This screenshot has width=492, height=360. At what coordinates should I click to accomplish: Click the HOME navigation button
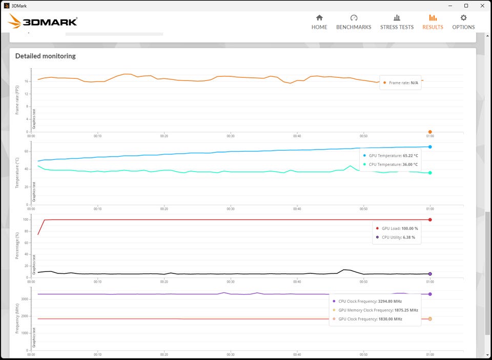(319, 22)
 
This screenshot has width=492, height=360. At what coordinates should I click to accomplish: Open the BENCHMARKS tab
(354, 22)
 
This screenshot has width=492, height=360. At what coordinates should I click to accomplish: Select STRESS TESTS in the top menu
(397, 22)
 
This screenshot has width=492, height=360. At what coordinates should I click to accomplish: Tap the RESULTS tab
(433, 22)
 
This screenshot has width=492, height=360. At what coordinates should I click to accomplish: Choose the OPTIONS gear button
(463, 22)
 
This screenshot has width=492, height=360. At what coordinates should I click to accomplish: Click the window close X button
(482, 6)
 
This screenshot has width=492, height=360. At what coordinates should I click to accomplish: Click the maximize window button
(466, 6)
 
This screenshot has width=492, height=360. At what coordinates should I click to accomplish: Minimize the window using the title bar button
(450, 6)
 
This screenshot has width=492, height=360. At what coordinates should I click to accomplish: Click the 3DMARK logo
(43, 22)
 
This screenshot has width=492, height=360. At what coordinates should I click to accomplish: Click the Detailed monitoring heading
(46, 56)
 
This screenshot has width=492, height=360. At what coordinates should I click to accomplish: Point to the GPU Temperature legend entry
(391, 156)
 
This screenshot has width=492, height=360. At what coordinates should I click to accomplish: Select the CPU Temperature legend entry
(391, 164)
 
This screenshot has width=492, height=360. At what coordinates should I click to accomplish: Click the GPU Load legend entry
(397, 228)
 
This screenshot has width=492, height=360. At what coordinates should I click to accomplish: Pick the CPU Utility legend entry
(395, 238)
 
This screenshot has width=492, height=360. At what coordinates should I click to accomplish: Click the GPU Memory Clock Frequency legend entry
(375, 310)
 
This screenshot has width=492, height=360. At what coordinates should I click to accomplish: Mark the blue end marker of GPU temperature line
(430, 147)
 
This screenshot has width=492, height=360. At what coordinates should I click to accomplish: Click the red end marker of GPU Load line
(430, 220)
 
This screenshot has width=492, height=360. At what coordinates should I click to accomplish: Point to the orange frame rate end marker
(430, 132)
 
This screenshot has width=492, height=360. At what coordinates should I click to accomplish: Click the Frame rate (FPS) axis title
(17, 100)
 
